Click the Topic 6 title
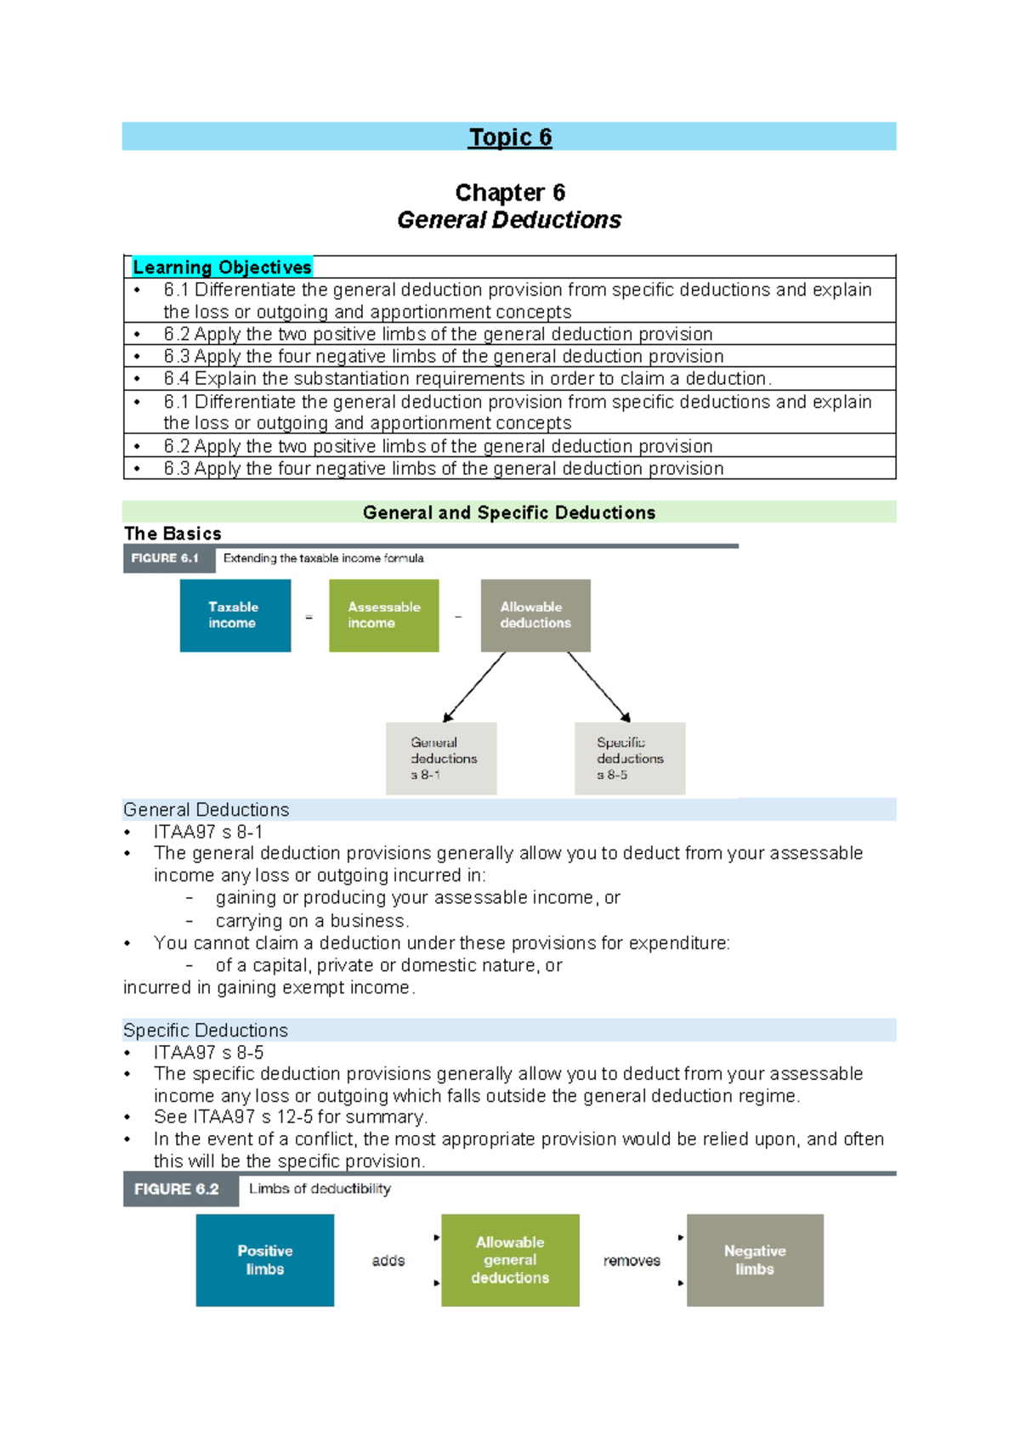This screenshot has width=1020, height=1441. click(510, 138)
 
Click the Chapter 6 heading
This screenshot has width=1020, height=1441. click(510, 193)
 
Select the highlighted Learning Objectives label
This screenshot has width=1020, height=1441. click(222, 268)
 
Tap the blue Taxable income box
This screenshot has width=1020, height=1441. click(235, 615)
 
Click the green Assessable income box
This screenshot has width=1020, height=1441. click(383, 615)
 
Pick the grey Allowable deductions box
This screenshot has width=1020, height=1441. click(535, 615)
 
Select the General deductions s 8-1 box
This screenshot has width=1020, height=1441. click(441, 758)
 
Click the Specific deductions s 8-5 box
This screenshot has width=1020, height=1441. click(630, 758)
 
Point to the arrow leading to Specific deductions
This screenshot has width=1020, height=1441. click(598, 687)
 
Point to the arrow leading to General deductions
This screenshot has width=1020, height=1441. click(474, 687)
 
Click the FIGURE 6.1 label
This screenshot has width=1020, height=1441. click(166, 558)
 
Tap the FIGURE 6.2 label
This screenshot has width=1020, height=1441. click(178, 1190)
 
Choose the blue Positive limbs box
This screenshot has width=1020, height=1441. click(264, 1260)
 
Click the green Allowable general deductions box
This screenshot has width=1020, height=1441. click(510, 1260)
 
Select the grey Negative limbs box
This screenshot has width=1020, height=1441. click(755, 1260)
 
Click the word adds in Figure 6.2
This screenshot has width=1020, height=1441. click(388, 1261)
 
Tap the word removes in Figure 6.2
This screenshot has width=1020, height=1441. click(632, 1261)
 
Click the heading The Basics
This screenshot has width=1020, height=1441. click(173, 534)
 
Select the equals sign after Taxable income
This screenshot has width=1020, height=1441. click(309, 617)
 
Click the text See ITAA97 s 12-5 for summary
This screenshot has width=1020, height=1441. click(291, 1117)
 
